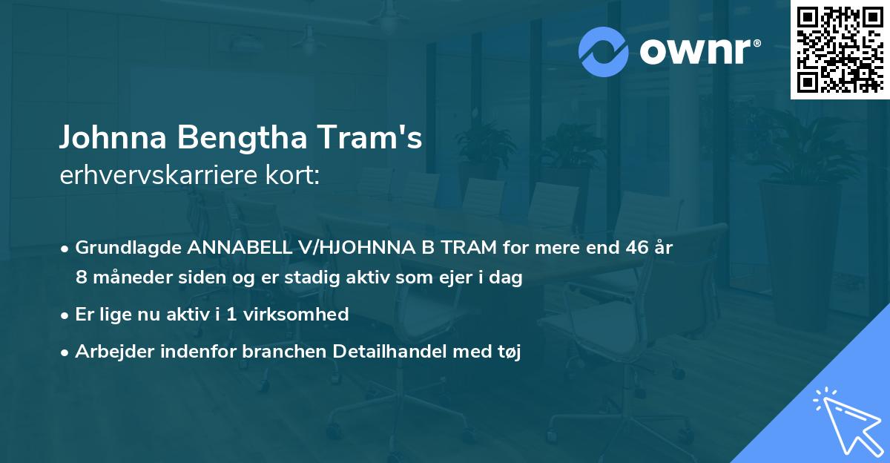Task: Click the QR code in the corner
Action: pyautogui.click(x=840, y=50)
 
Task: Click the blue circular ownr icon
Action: pyautogui.click(x=604, y=51)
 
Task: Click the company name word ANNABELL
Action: pyautogui.click(x=222, y=248)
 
